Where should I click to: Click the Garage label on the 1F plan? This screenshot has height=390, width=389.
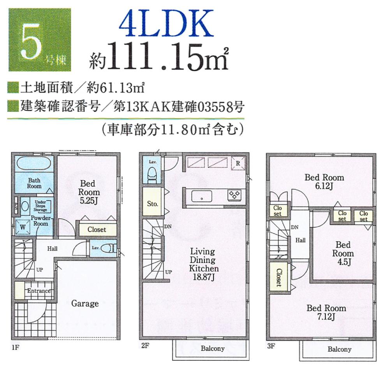click(x=84, y=304)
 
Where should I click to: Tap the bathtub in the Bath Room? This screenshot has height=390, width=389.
click(x=34, y=163)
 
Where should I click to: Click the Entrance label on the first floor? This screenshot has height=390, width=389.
click(x=38, y=291)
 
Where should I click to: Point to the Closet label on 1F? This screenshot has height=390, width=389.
click(x=97, y=230)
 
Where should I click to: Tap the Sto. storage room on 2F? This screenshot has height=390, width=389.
click(x=152, y=203)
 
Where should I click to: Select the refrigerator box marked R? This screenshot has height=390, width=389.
click(x=238, y=162)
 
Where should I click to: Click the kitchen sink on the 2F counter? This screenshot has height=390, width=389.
click(x=201, y=196)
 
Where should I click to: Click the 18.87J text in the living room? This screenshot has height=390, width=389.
click(x=204, y=277)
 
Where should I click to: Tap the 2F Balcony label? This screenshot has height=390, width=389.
click(x=212, y=348)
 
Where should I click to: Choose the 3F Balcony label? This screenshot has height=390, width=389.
click(x=339, y=349)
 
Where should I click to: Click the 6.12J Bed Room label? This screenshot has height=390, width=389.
click(x=324, y=182)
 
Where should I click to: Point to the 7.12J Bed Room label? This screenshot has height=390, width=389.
click(x=326, y=312)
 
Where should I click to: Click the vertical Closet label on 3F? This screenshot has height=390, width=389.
click(x=279, y=278)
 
